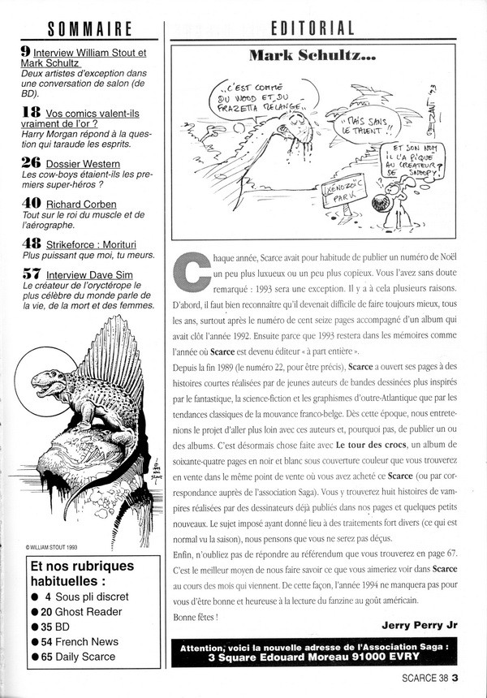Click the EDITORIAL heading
coord(312,30)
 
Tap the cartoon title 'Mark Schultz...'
coord(312,56)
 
